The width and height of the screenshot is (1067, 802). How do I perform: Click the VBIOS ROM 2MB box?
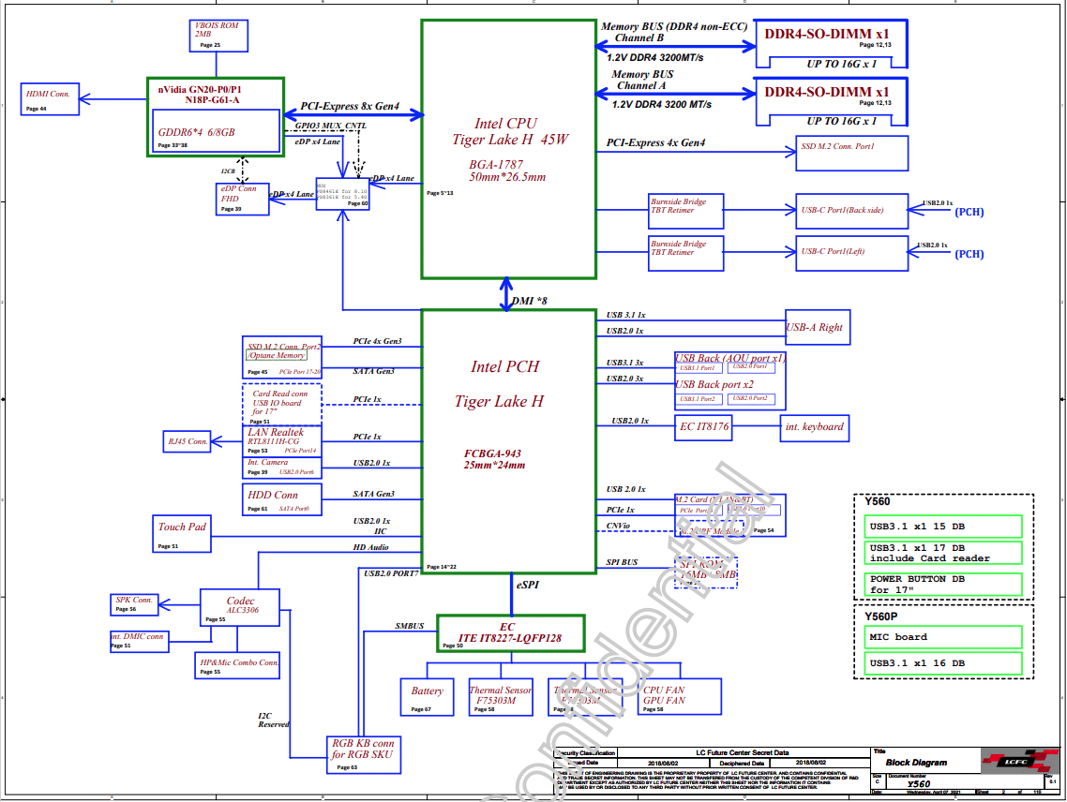pos(218,36)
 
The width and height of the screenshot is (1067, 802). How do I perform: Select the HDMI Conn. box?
pos(50,98)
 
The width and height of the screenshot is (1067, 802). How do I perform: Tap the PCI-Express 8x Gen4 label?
pos(350,107)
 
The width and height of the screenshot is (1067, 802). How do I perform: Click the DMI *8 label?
pos(530,301)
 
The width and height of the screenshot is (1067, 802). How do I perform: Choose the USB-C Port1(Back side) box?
pos(851,210)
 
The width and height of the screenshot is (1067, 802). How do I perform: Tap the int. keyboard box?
pos(814,427)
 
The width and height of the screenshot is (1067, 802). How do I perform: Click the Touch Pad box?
pos(182,533)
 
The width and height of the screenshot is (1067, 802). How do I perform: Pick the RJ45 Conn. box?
pos(188,440)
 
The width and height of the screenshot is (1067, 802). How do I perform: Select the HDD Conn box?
pos(282,499)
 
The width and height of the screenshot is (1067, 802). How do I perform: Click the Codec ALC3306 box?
pos(241,607)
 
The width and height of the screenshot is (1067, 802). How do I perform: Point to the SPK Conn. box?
pos(134,603)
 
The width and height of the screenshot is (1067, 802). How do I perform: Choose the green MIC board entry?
pos(943,637)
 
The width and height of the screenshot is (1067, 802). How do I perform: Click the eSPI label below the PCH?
pos(527,585)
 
